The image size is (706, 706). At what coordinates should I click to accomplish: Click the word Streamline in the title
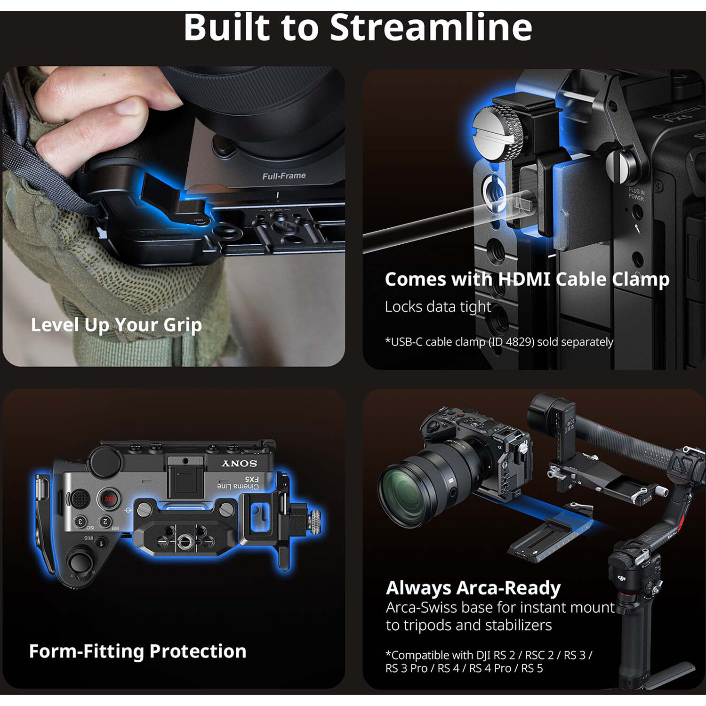pos(431,27)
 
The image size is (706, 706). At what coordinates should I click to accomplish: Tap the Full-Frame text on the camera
pos(284,176)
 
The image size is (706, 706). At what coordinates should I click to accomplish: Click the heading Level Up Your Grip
pos(116,325)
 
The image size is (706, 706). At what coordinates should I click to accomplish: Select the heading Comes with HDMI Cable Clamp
pos(527,279)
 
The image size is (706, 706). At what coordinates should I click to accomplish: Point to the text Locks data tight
pos(438,307)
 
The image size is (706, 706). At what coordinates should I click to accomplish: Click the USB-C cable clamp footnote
pos(499,342)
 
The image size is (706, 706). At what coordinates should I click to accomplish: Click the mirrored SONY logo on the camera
pos(240,464)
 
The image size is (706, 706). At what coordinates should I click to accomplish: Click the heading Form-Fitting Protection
pos(137,651)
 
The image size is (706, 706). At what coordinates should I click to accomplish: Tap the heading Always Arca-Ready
pos(473,588)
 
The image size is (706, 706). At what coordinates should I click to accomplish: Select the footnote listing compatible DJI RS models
pos(489,661)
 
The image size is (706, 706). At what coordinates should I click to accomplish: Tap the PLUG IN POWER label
pos(636,193)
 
